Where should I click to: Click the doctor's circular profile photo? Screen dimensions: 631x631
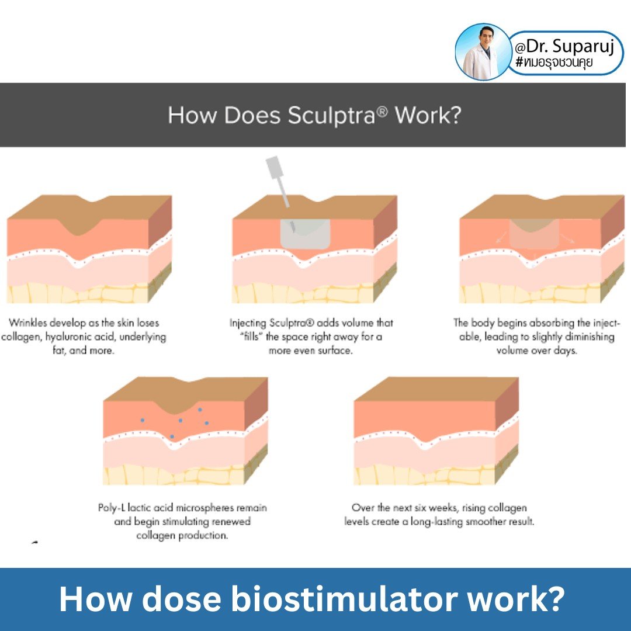(x=483, y=51)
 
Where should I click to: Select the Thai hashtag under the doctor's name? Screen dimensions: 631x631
(x=554, y=63)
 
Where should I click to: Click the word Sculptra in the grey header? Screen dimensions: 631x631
(x=331, y=116)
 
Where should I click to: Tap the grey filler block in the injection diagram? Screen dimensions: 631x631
(x=306, y=234)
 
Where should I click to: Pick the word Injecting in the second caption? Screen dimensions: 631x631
(x=248, y=323)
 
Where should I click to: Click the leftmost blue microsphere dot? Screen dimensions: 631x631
(x=142, y=420)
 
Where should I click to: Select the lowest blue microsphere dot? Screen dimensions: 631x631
(x=172, y=436)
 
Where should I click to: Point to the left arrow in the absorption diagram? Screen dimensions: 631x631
(x=501, y=237)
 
